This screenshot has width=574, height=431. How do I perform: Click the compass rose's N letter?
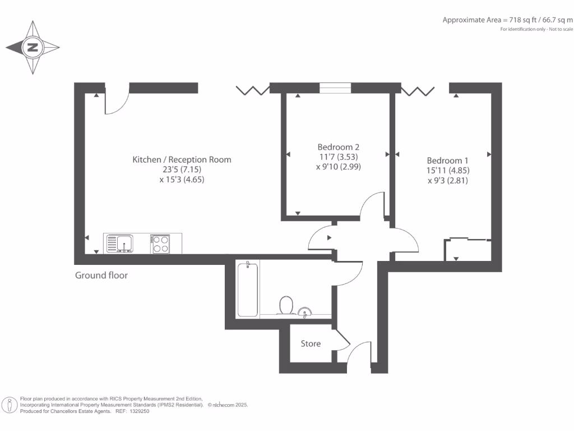pyautogui.click(x=33, y=48)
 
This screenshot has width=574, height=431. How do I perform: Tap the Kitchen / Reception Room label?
pyautogui.click(x=182, y=159)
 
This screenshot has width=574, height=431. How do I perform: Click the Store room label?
pyautogui.click(x=311, y=343)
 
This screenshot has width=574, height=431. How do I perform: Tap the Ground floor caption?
pyautogui.click(x=101, y=276)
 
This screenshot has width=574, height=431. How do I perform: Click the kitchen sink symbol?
pyautogui.click(x=119, y=244)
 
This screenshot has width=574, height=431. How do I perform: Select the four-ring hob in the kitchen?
pyautogui.click(x=161, y=244)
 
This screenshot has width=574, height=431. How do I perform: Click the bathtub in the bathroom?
pyautogui.click(x=248, y=289)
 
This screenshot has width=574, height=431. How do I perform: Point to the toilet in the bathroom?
pyautogui.click(x=286, y=305)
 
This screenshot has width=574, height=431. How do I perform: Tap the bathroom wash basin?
pyautogui.click(x=305, y=311)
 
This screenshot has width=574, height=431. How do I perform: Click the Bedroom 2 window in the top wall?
pyautogui.click(x=335, y=88)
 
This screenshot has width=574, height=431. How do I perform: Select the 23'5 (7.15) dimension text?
pyautogui.click(x=182, y=169)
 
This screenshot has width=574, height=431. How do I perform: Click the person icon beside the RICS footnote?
pyautogui.click(x=10, y=405)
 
